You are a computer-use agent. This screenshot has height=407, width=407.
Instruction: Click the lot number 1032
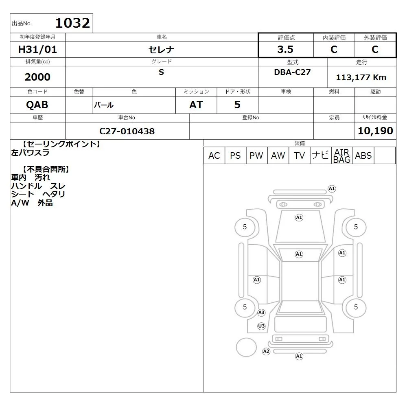pos(73,23)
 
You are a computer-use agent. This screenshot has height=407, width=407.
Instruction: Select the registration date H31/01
pos(37,49)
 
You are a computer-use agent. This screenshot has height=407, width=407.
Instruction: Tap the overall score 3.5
pos(285,49)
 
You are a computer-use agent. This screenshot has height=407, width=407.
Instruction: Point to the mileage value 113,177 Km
pos(361,77)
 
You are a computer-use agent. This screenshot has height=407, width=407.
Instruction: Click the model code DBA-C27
pos(292,72)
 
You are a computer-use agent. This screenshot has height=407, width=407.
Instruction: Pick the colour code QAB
pos(37,105)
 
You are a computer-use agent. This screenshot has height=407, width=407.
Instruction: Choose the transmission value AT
pos(196,105)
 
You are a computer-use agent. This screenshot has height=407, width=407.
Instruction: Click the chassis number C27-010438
pos(127,131)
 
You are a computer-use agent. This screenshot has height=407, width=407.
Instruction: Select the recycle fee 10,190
pos(375,131)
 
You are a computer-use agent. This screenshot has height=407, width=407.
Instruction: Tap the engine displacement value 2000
pos(37,77)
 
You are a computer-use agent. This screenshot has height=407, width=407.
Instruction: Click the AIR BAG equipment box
pos(342,155)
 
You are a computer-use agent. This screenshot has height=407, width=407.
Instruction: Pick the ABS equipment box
pos(363,155)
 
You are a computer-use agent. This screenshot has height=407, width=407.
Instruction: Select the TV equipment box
pos(299,155)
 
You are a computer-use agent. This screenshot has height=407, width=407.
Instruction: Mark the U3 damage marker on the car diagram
pos(261,326)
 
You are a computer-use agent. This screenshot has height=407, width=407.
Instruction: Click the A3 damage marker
pos(261,313)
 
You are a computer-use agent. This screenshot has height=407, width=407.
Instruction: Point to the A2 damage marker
pos(266,352)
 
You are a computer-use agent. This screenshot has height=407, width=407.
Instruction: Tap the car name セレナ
pos(161,50)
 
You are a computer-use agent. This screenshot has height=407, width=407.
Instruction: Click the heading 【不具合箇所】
pos(46,169)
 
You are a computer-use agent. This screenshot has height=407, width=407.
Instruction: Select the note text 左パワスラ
pos(30,153)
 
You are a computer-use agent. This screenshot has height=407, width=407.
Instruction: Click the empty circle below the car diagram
pos(246,339)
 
